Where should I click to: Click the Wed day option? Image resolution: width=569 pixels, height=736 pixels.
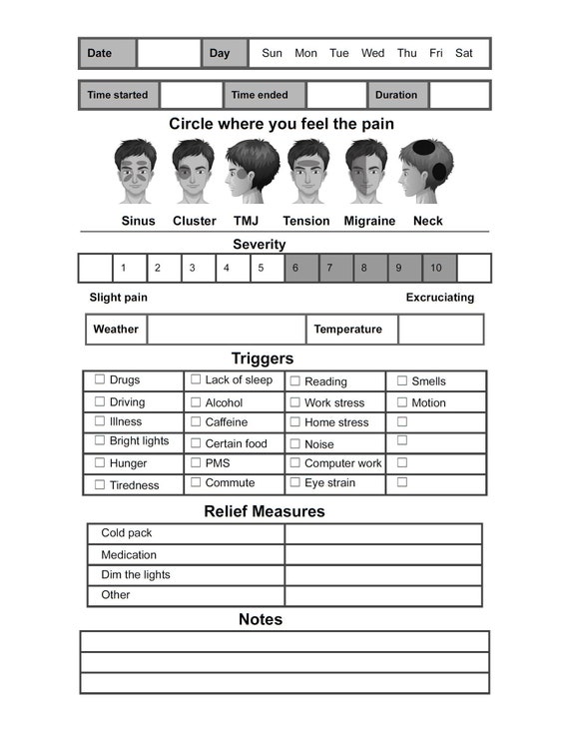372,53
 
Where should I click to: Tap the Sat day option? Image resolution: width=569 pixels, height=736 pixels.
464,53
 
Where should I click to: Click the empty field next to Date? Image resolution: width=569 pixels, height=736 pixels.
169,53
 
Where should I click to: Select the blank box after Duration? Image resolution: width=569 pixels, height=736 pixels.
459,95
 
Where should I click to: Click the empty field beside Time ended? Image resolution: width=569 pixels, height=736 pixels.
336,95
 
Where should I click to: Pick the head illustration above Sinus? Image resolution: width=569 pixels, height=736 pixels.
135,172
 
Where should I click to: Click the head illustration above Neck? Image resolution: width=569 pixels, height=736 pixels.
426,172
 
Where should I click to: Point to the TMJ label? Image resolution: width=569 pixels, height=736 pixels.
246,221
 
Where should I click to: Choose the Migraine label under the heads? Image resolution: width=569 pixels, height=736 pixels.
369,221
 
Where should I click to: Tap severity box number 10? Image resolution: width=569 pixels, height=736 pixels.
439,268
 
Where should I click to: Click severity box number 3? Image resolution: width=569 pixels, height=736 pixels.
197,268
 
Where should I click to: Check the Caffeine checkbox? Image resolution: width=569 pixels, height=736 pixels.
196,422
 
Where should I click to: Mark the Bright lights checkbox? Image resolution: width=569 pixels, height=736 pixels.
100,440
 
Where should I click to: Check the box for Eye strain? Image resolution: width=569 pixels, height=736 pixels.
294,482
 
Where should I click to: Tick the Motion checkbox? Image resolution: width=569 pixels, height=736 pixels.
402,402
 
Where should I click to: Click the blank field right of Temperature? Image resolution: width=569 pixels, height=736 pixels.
440,330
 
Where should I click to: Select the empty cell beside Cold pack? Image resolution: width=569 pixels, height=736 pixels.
382,533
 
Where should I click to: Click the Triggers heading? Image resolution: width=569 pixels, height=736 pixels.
263,359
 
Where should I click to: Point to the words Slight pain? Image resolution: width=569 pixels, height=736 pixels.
119,298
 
